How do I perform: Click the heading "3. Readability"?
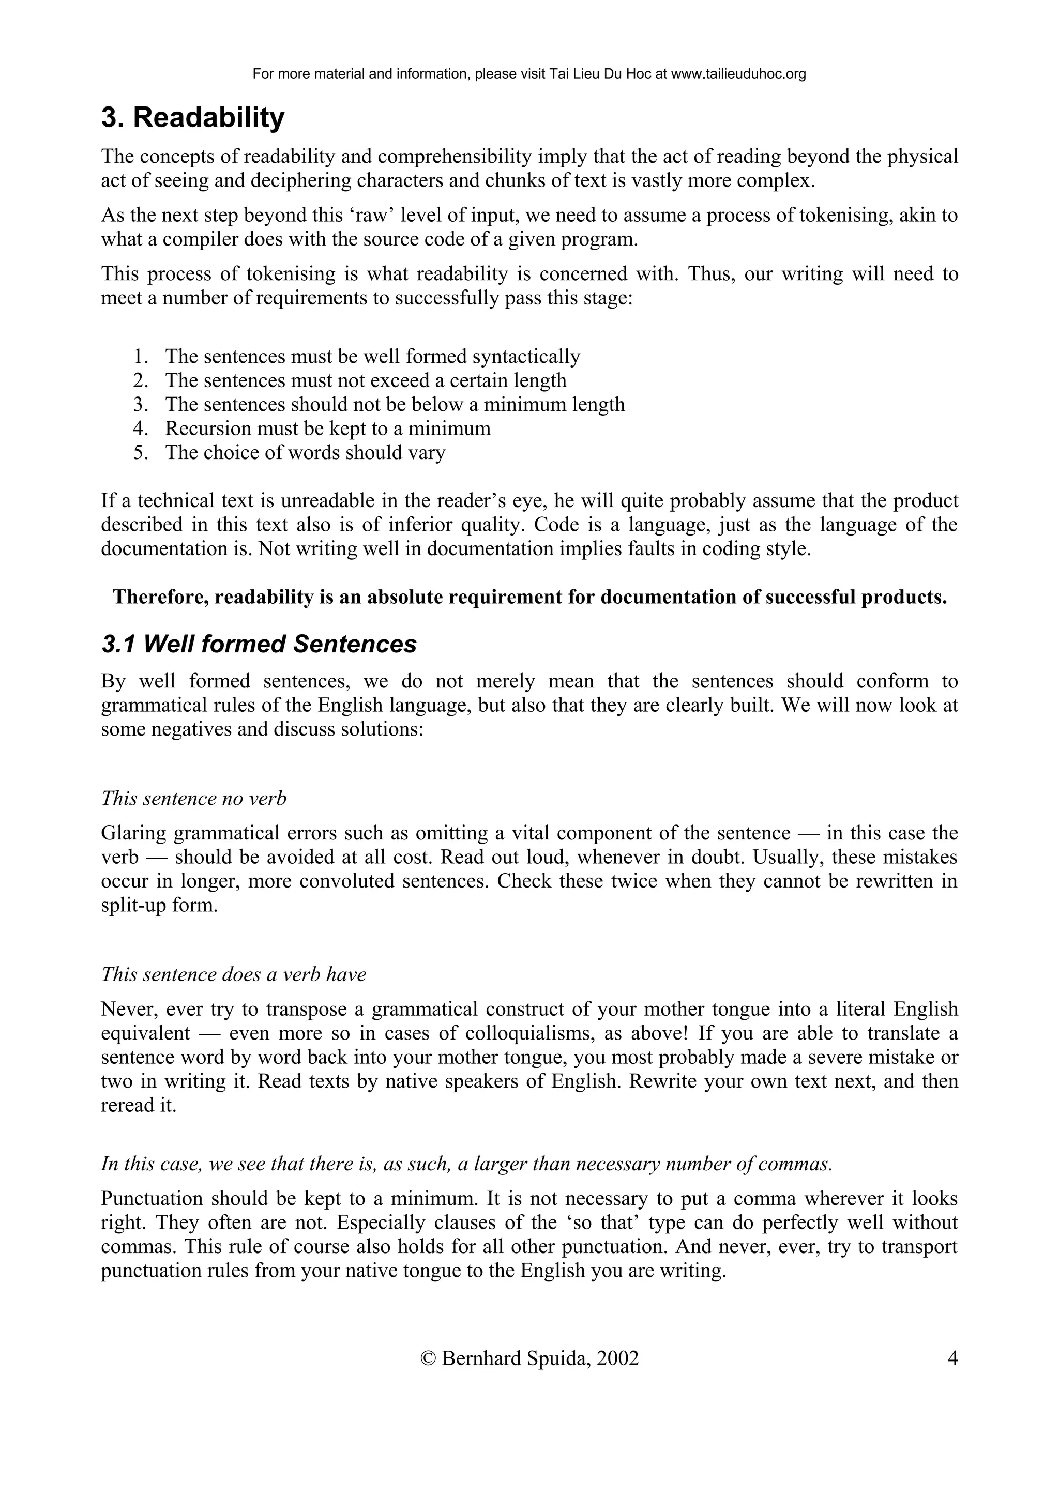193,118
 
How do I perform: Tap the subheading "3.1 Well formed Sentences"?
259,645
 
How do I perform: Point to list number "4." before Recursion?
142,429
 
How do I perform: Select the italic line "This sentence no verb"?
194,799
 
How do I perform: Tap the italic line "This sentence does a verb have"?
234,974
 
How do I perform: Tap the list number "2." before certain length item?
142,380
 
